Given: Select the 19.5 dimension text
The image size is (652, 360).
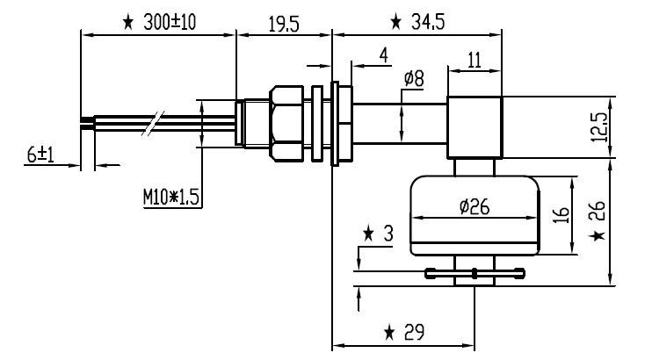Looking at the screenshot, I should (283, 24).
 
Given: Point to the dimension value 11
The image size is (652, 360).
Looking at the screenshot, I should (473, 60).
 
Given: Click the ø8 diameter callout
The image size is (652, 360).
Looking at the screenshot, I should (413, 80).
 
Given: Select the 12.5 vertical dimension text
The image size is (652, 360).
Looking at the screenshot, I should (599, 128).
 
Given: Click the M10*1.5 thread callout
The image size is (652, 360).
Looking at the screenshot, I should (173, 198).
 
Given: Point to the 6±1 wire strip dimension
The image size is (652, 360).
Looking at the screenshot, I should (40, 154).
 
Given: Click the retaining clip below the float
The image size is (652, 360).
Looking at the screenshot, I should (475, 273).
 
